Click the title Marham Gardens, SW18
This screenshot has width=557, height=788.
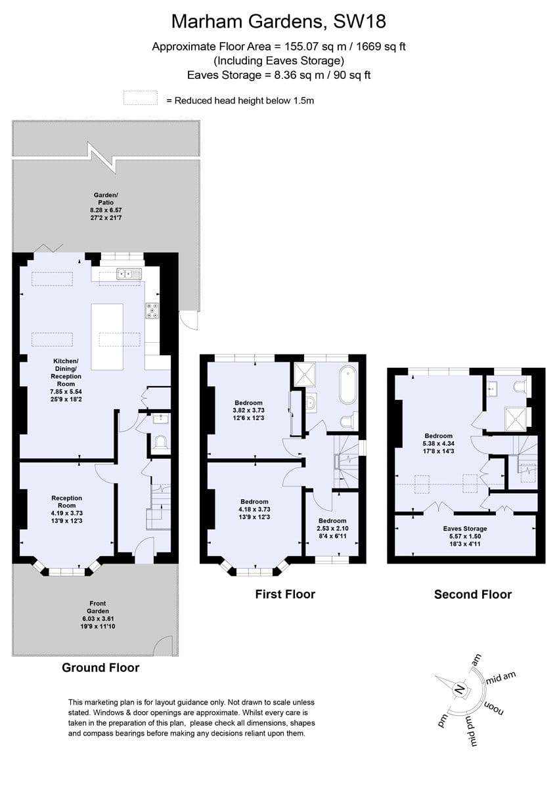pos(278,22)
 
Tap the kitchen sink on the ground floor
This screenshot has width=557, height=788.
pos(129,273)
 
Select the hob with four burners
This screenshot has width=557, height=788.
pos(152,311)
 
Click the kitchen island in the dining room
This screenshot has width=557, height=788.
pos(107,337)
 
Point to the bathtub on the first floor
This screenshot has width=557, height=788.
pos(348,385)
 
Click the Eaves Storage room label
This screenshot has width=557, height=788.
pos(465,529)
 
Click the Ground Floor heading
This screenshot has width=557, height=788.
pos(100,668)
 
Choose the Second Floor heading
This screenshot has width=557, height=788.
pos(472,594)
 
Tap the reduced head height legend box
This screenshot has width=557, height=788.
pos(141,98)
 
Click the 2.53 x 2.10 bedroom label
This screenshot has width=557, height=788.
pos(332,528)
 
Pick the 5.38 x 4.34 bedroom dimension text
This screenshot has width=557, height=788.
pos(438,444)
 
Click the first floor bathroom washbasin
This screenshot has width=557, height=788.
pos(311,403)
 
